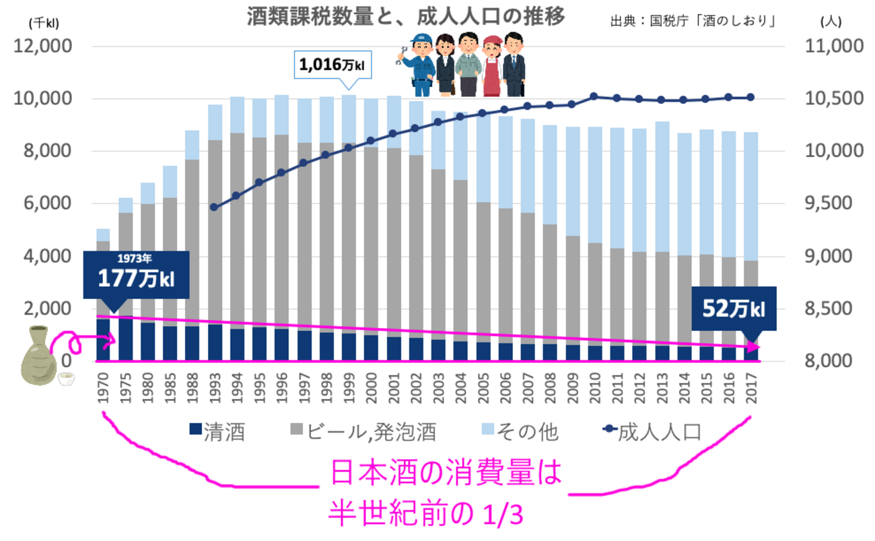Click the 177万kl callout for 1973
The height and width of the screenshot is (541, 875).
click(x=137, y=274)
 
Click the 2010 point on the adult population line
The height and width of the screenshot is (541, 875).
click(x=593, y=96)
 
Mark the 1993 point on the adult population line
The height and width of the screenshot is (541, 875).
click(x=214, y=208)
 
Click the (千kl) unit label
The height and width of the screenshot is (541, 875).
click(x=44, y=22)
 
